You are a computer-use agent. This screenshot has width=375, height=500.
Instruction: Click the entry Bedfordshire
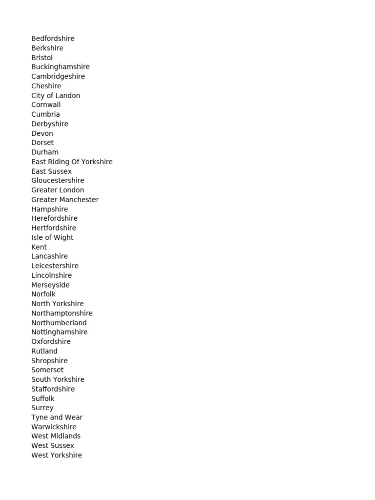(x=53, y=39)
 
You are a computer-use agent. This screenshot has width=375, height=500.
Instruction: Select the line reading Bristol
(x=42, y=58)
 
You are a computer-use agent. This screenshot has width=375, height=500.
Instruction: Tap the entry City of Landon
(x=56, y=96)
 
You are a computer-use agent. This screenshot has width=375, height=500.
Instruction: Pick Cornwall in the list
(x=46, y=105)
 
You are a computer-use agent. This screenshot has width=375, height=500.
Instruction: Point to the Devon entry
(x=42, y=133)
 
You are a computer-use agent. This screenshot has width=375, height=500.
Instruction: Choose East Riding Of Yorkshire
(x=72, y=162)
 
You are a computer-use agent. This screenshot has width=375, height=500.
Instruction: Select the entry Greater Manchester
(x=65, y=200)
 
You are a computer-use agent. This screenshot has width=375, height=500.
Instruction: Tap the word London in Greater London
(x=71, y=190)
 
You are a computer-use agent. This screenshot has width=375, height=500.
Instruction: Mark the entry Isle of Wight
(x=52, y=238)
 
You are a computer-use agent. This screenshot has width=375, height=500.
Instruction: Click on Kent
(x=39, y=247)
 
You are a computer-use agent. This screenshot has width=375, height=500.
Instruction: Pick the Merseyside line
(x=50, y=285)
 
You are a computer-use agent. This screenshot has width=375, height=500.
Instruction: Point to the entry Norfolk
(x=43, y=294)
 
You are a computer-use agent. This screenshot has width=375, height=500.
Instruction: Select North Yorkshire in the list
(x=57, y=304)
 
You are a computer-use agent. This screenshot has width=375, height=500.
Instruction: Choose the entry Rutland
(x=44, y=351)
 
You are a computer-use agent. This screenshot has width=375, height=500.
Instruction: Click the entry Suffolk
(x=43, y=398)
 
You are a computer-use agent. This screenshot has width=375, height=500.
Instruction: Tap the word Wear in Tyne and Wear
(x=74, y=417)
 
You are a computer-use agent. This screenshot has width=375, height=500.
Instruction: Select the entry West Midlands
(x=56, y=436)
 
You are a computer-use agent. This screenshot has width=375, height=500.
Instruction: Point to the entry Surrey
(x=42, y=408)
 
